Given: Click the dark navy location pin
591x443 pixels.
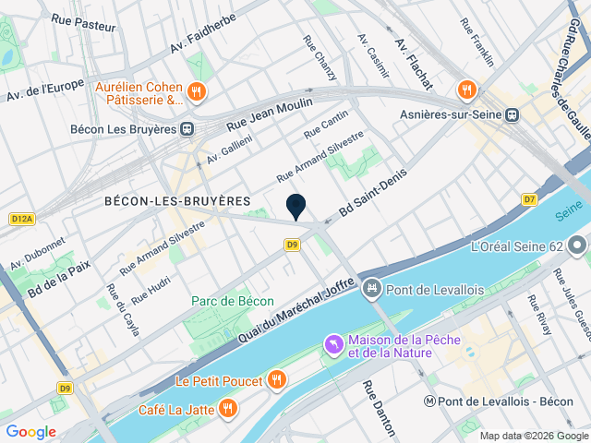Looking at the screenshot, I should coord(296,207).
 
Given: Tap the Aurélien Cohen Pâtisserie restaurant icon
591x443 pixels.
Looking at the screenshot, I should coord(196,92).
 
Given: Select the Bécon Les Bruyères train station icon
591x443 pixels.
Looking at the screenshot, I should coord(187,129).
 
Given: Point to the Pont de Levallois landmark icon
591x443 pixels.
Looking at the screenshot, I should coord(372,290).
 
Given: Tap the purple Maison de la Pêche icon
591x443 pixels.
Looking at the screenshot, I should coord(332,345).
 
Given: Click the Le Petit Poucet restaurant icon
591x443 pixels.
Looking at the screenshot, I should coord(275,379).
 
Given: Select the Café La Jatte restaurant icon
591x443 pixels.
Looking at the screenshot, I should coord(227,409).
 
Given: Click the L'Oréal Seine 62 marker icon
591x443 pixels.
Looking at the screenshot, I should coord(578,246).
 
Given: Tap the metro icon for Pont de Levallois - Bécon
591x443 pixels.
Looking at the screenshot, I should coord(429,401).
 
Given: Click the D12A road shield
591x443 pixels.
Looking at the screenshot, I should coord(22,219).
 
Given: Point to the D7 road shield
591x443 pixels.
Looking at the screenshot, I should coord(529,198).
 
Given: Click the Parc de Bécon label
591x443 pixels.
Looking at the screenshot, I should coord(233,301).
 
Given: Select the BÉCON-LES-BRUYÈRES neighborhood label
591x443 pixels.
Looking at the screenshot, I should coord(177,200).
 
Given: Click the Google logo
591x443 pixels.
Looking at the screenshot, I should coord(30,431).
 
